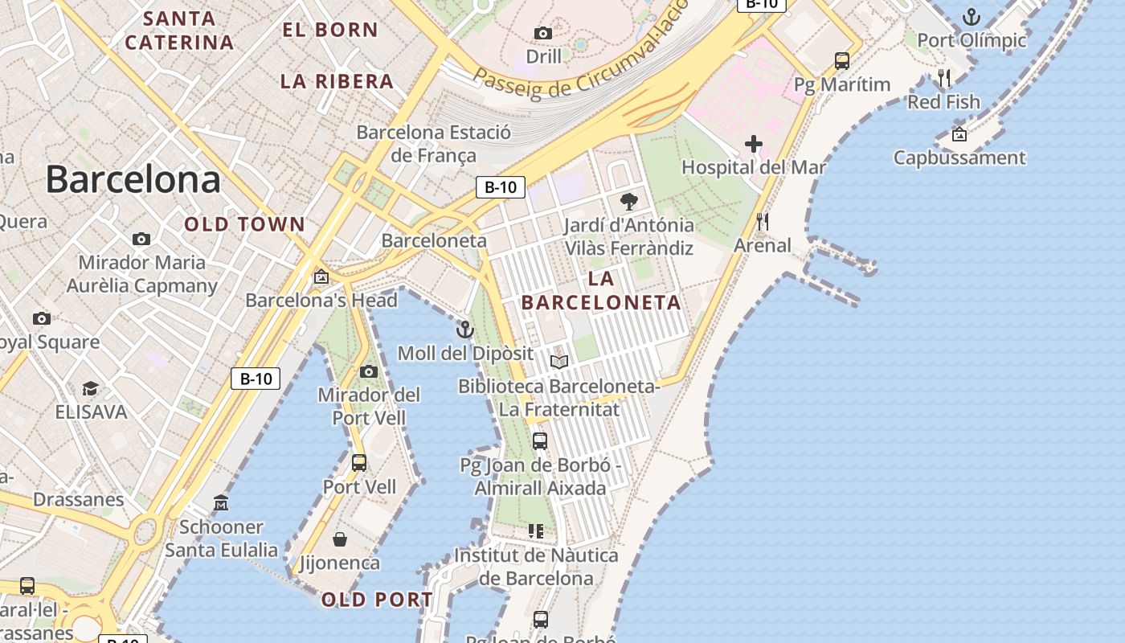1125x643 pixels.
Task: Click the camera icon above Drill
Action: coord(543,33)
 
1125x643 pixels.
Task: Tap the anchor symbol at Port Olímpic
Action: coord(972,16)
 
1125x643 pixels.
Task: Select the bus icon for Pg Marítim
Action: coord(842,60)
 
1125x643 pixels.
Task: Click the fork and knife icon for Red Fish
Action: coord(944,78)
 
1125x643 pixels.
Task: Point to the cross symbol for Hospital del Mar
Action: coord(754,144)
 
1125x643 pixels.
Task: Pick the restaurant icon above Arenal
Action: coord(763,221)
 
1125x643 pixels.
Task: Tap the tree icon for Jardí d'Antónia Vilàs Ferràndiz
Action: coord(628,202)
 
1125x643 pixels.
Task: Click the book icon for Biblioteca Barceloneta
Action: coord(559,362)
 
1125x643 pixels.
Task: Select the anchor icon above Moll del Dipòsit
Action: coord(465,330)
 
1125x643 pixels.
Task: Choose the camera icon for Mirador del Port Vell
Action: coord(369,371)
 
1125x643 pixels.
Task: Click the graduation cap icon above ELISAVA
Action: coord(91,389)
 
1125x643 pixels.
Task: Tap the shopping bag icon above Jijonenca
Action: coord(340,539)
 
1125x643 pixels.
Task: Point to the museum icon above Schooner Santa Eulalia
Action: coord(221,503)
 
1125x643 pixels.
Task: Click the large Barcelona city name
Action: coord(133,178)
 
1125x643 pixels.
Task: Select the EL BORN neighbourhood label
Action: coord(330,31)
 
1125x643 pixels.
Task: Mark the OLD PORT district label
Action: coord(377,600)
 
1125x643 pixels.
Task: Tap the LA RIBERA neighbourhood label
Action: coord(337,81)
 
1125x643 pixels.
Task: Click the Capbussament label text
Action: coord(959,158)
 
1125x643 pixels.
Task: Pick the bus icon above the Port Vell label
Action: coord(359,463)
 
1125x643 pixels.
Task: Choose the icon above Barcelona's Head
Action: coord(321,276)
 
